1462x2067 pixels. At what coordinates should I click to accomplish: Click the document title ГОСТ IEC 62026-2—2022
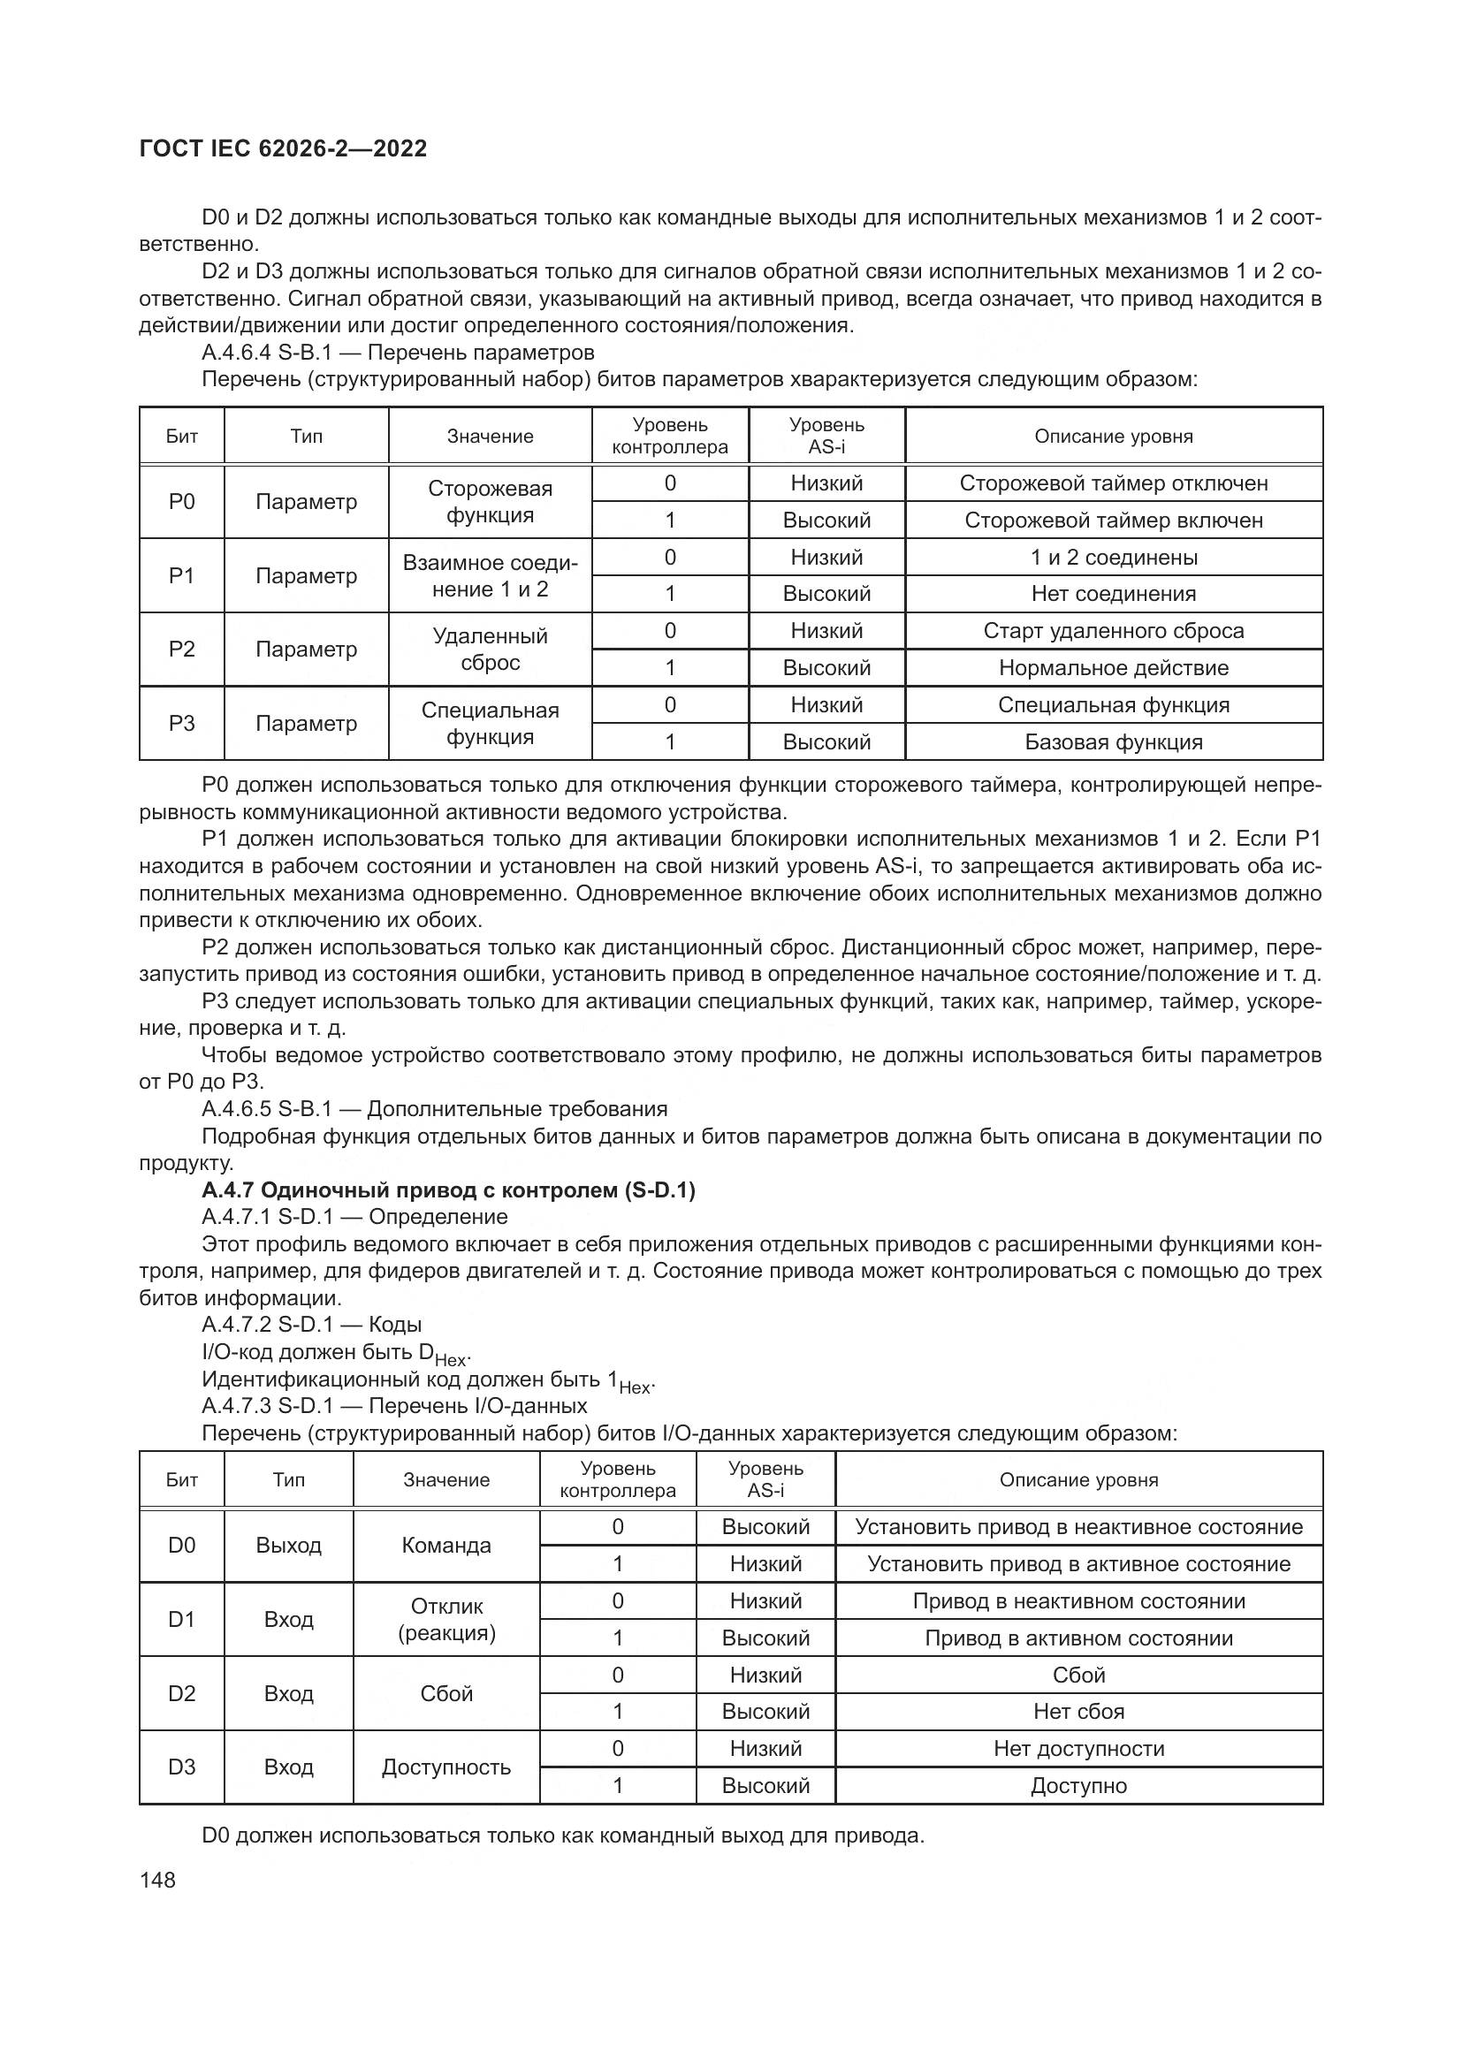pos(283,148)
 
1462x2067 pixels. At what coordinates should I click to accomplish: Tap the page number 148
pos(157,1880)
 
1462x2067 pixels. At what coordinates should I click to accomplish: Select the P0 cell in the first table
pos(182,501)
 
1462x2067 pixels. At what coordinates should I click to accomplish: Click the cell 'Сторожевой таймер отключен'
pos(1114,483)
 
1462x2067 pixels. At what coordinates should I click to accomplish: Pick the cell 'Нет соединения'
pos(1114,594)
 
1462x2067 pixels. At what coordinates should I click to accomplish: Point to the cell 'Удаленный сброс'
pos(490,650)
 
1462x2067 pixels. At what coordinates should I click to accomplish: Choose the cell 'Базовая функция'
pos(1114,741)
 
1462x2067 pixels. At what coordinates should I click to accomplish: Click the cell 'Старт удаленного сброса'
pos(1114,631)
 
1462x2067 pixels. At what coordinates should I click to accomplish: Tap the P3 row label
pos(182,723)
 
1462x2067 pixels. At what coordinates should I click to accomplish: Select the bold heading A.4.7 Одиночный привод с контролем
pos(448,1190)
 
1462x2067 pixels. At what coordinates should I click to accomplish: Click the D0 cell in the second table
pos(182,1546)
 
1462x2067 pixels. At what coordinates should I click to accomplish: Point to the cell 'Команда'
pos(446,1546)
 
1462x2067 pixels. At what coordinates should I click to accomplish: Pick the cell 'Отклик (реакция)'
pos(446,1620)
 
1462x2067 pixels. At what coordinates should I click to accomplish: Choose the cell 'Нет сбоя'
pos(1078,1712)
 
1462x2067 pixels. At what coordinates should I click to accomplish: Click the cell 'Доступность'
pos(446,1767)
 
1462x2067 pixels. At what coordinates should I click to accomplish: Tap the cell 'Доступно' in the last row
pos(1078,1785)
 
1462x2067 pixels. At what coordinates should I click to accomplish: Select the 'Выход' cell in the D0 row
pos(288,1546)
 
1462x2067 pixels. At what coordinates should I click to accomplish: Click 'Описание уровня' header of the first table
pos(1114,437)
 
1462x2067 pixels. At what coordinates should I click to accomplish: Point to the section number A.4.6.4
pos(235,352)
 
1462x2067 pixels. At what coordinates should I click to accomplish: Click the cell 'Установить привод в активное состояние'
pos(1078,1564)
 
